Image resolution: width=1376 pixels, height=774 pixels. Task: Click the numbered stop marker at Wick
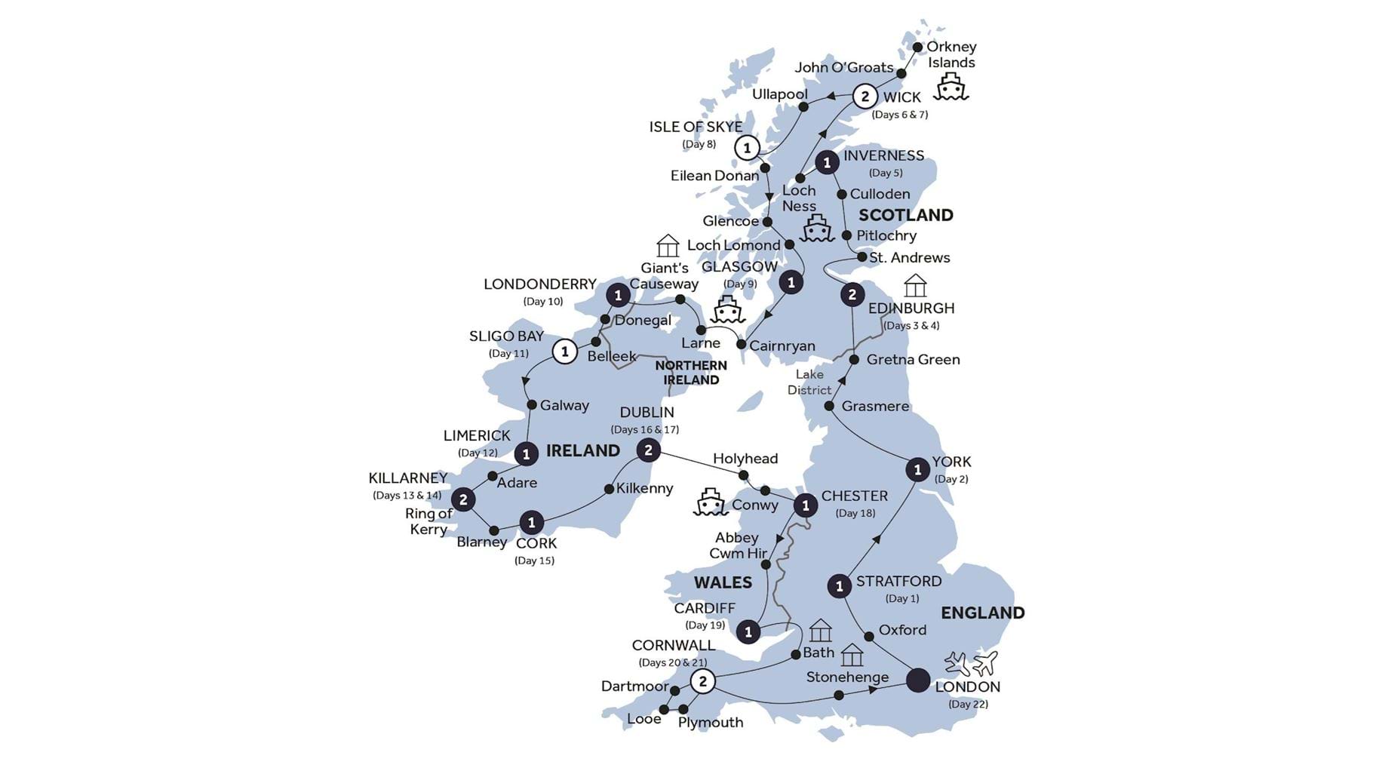pyautogui.click(x=865, y=97)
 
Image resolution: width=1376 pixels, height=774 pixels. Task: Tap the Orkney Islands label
pyautogui.click(x=951, y=54)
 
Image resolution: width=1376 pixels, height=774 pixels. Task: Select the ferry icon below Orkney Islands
pyautogui.click(x=951, y=88)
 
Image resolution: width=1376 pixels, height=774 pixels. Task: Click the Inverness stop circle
pyautogui.click(x=827, y=162)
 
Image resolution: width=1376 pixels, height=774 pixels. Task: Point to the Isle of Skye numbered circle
pyautogui.click(x=747, y=148)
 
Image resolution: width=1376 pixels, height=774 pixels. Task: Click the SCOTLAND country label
pyautogui.click(x=905, y=215)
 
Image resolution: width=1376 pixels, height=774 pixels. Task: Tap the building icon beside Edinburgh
pyautogui.click(x=915, y=285)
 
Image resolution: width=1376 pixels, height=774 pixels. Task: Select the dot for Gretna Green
pyautogui.click(x=854, y=360)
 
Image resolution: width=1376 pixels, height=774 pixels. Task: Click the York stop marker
pyautogui.click(x=917, y=470)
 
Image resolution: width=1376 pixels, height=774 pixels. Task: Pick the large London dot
pyautogui.click(x=918, y=680)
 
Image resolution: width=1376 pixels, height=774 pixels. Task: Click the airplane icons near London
pyautogui.click(x=972, y=664)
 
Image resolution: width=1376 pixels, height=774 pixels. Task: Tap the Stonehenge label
pyautogui.click(x=847, y=677)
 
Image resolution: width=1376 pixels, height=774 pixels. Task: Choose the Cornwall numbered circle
pyautogui.click(x=703, y=682)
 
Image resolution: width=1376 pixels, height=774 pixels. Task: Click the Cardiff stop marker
pyautogui.click(x=748, y=631)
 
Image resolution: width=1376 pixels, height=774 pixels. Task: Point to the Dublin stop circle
pyautogui.click(x=648, y=451)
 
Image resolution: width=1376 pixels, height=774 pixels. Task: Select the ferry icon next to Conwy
pyautogui.click(x=709, y=502)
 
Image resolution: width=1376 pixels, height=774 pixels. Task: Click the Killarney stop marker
pyautogui.click(x=463, y=499)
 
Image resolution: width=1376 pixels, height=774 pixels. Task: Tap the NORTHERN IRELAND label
pyautogui.click(x=691, y=373)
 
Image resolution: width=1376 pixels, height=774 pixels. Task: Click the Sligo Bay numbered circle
pyautogui.click(x=564, y=351)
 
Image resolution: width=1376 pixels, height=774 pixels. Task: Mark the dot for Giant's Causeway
pyautogui.click(x=680, y=299)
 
